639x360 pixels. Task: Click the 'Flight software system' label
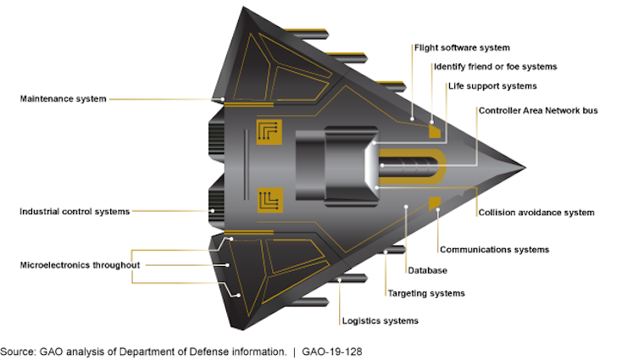(x=461, y=47)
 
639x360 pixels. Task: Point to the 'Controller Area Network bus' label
(x=538, y=110)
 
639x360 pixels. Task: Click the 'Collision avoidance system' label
(x=536, y=213)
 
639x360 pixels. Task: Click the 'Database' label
(x=427, y=270)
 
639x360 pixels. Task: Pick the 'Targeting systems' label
(x=426, y=293)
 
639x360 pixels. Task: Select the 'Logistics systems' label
(x=380, y=321)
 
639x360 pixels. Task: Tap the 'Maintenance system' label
(x=64, y=99)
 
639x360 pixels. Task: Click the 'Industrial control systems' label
(x=75, y=212)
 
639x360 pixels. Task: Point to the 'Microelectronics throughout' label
(x=80, y=264)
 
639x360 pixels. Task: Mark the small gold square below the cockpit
(x=435, y=202)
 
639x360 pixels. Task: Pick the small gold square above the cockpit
(x=435, y=131)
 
